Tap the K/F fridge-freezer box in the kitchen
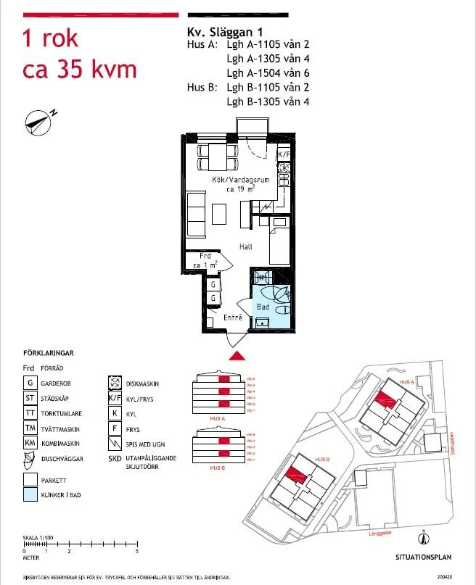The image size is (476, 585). [x=284, y=154]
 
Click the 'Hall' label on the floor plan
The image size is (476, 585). [x=246, y=247]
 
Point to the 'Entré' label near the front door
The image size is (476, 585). [x=232, y=318]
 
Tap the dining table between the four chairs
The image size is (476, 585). [x=218, y=155]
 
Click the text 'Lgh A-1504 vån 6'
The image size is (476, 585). [x=268, y=73]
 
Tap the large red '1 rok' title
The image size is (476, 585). [x=51, y=38]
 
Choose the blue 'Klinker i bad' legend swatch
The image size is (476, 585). [x=30, y=496]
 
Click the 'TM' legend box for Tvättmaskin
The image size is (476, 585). [x=30, y=428]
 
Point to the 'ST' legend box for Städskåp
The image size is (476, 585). [x=30, y=398]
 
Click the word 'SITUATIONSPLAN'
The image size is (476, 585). [x=423, y=558]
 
